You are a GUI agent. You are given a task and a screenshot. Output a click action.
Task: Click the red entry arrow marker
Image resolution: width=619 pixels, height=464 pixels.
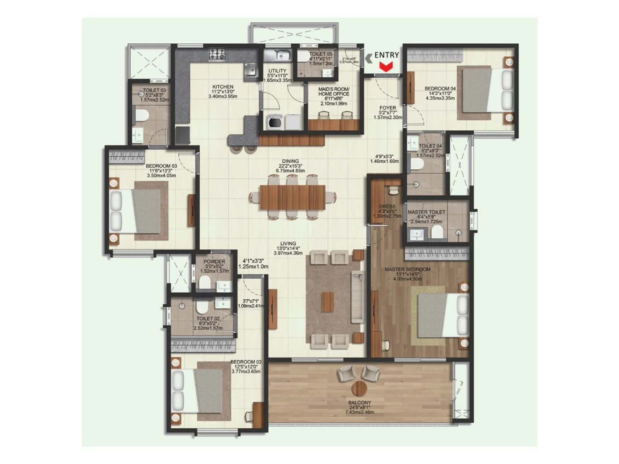[x=385, y=67]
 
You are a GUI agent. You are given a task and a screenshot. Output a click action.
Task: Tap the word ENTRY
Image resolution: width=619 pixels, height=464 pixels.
[x=386, y=55]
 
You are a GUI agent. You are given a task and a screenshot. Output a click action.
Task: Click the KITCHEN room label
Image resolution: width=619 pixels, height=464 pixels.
[x=223, y=87]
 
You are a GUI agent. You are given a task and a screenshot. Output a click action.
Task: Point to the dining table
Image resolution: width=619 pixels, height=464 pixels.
[x=292, y=197]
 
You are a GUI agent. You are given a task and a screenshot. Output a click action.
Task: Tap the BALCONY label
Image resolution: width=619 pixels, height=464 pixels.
[x=359, y=403]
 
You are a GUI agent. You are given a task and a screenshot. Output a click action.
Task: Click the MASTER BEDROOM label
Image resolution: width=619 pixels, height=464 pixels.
[x=407, y=269]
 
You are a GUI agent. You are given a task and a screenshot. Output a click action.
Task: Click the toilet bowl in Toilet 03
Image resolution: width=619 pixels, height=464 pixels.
[x=140, y=115]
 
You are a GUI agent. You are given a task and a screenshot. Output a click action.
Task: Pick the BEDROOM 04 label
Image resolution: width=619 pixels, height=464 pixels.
[x=440, y=89]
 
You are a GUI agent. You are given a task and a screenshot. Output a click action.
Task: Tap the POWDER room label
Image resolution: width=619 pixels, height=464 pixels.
[x=214, y=262]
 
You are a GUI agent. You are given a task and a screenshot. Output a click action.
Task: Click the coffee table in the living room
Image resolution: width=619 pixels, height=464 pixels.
[x=327, y=302]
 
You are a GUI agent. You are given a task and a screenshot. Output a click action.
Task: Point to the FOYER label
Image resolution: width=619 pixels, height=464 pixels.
[x=388, y=108]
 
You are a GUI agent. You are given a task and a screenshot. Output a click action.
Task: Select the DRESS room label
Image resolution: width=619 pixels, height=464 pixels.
[x=387, y=206]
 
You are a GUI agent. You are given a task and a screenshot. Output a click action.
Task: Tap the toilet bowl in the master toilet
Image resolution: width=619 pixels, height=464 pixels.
[x=437, y=232]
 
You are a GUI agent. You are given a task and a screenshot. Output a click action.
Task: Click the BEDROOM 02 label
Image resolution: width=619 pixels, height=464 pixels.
[x=246, y=362]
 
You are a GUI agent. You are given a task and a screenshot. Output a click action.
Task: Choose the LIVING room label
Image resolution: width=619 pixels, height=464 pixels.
[x=288, y=244]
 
